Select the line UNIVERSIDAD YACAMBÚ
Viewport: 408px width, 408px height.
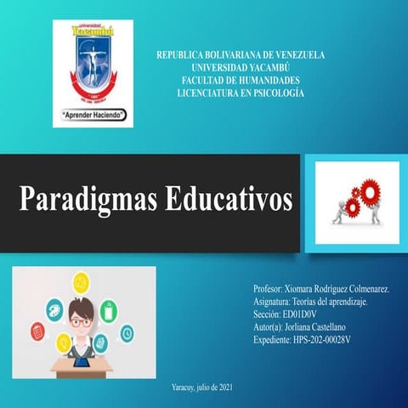click(x=240, y=67)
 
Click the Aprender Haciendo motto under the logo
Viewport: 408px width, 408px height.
click(x=94, y=112)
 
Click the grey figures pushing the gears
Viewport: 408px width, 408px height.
click(x=344, y=208)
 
